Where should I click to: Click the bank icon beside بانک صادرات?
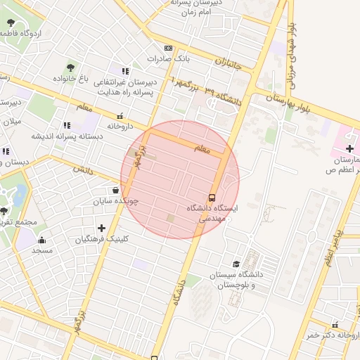pos(167,48)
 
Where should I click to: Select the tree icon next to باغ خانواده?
pos(70,67)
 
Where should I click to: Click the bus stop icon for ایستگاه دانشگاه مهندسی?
pos(212,197)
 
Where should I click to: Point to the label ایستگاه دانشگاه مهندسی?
pos(213,214)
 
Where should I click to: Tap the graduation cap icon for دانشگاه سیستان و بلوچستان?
pos(236,264)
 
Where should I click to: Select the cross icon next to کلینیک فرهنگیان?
pos(102,228)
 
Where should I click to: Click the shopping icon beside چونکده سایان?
pos(115,190)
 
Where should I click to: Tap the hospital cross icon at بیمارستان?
pos(349,148)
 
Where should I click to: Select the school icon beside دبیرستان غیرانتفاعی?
pos(125,71)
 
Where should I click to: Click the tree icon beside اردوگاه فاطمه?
pos(11,23)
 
